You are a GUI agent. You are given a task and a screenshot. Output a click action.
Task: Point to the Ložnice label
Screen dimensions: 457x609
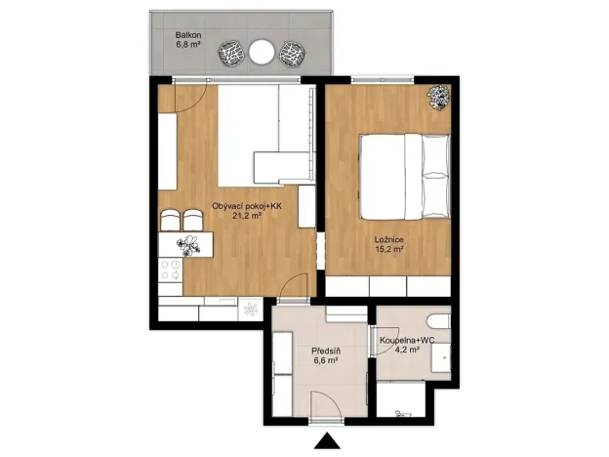388,238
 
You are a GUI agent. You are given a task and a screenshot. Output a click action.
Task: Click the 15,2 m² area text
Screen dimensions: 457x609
388,249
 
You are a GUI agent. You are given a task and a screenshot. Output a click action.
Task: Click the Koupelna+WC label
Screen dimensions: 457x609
406,339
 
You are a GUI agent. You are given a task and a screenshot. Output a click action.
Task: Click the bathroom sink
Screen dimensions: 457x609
442,357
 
